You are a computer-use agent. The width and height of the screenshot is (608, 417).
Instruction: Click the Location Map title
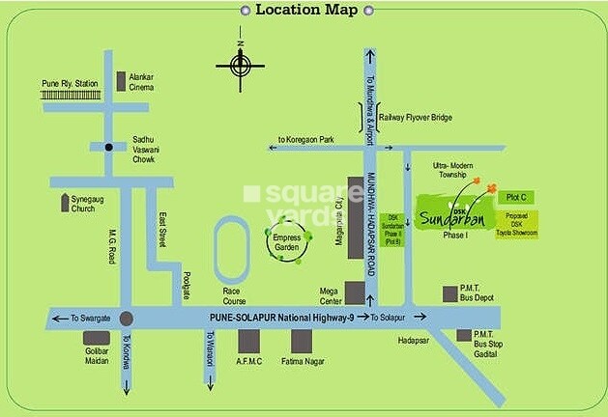tap(304, 11)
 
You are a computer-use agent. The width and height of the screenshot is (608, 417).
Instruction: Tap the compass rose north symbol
tap(240, 65)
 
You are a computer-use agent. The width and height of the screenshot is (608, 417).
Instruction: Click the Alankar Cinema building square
tap(121, 81)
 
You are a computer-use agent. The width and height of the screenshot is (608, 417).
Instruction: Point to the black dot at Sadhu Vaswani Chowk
tap(109, 148)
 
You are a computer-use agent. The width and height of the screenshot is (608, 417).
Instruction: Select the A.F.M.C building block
tap(250, 342)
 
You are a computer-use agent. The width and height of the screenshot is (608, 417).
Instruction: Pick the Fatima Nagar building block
tap(302, 342)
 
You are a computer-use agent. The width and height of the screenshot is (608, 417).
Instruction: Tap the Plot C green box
tap(517, 197)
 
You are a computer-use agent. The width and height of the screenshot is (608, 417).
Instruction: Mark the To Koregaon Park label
tap(304, 141)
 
